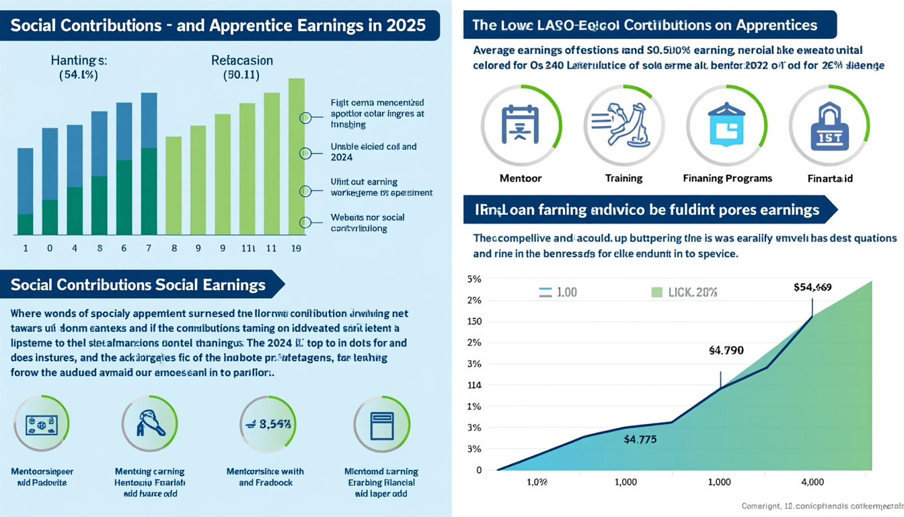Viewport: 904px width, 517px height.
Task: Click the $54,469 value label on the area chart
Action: coord(813,287)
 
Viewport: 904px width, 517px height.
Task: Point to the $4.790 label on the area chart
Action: coord(726,350)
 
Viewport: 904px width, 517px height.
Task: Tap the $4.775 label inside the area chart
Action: coord(640,440)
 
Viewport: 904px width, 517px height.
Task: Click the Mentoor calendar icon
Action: coord(521,125)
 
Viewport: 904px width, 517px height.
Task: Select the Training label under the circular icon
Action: coord(624,178)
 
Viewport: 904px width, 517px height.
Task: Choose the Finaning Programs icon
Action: coord(726,125)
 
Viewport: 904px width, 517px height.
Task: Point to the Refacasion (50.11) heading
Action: coord(241,67)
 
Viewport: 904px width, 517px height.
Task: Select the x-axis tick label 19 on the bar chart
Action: coord(296,248)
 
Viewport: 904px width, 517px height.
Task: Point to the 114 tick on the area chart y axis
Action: coord(474,385)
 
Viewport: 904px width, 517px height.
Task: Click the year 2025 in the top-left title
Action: coord(406,26)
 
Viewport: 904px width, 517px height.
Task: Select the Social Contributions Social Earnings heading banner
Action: coord(139,284)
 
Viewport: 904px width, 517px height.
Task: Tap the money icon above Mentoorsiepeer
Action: coord(41,424)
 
